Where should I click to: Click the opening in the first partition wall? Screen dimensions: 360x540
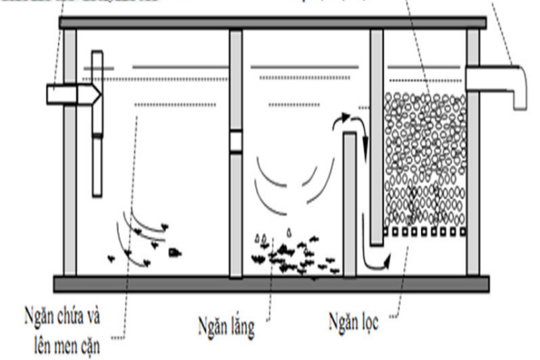pos(236,141)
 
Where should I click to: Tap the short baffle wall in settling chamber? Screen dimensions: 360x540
pos(349,203)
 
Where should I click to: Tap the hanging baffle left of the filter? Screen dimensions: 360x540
pos(377,135)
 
